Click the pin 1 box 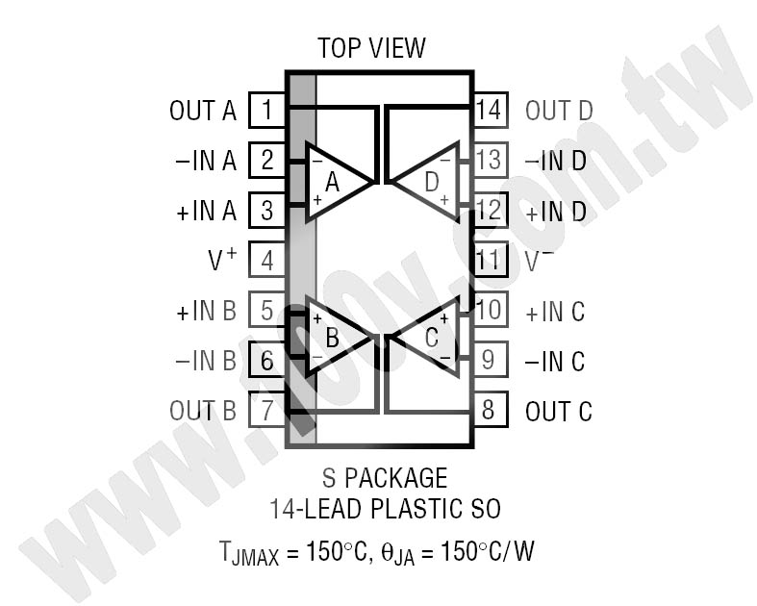pos(267,110)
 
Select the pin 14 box pos(490,110)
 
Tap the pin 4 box pos(267,260)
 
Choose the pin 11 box pos(490,260)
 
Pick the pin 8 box pos(490,410)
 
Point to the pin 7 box pos(267,410)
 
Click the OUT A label pos(203,111)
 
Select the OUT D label pos(559,111)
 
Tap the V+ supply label pos(222,259)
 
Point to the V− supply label pos(540,260)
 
